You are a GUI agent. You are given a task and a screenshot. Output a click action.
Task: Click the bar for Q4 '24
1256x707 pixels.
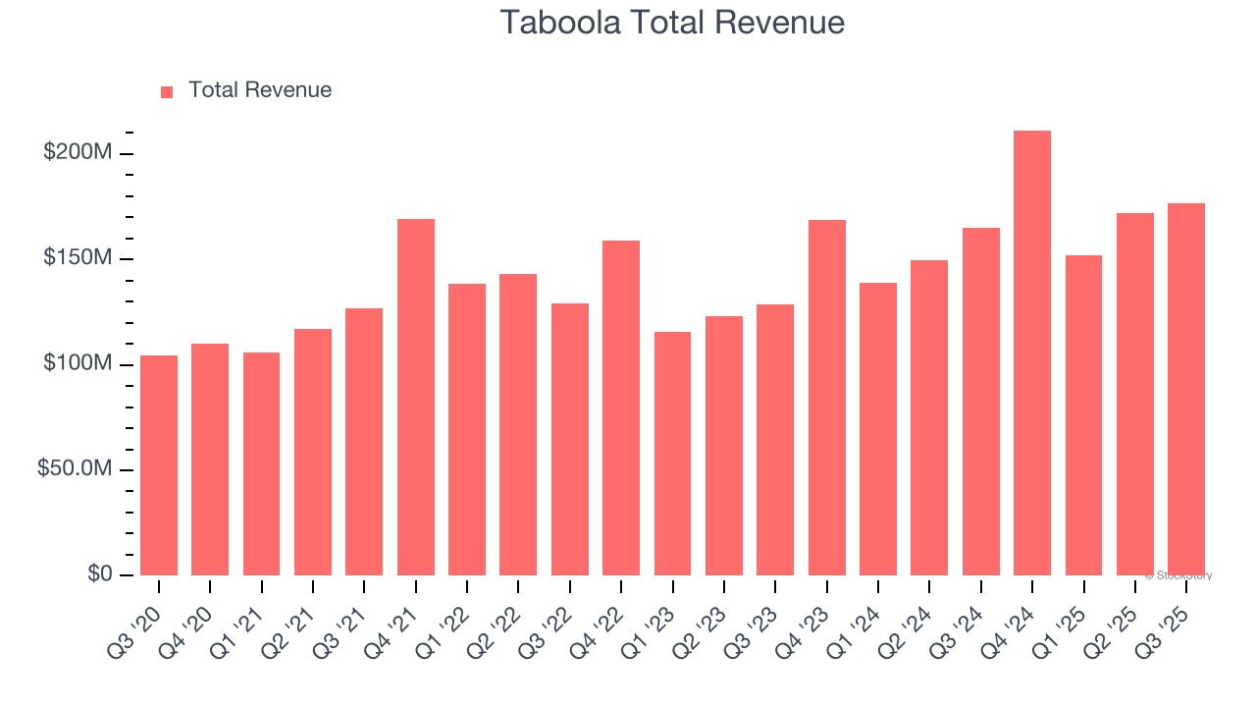pyautogui.click(x=1032, y=353)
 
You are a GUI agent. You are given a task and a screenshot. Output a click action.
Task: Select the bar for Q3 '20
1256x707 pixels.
pyautogui.click(x=159, y=465)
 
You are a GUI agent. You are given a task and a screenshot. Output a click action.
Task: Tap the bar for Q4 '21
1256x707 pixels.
pyautogui.click(x=416, y=398)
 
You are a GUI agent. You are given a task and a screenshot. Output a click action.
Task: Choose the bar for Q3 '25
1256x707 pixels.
pyautogui.click(x=1186, y=389)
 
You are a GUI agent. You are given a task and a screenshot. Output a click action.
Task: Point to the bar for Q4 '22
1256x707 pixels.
pyautogui.click(x=621, y=408)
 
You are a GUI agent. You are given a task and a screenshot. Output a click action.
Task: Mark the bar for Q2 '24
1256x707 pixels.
pyautogui.click(x=929, y=418)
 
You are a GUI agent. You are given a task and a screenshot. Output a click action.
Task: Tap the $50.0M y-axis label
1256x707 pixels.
pyautogui.click(x=75, y=469)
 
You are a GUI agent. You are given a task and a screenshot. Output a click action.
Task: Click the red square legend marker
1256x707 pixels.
pyautogui.click(x=167, y=91)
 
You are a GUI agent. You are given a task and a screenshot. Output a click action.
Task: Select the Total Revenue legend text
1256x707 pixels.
pyautogui.click(x=260, y=90)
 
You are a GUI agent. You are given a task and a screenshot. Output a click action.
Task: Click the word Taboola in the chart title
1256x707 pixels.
pyautogui.click(x=559, y=22)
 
